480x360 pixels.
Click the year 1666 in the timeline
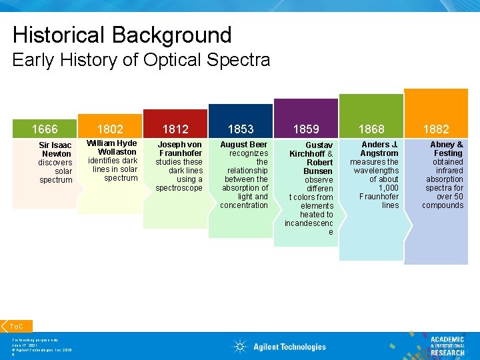45,129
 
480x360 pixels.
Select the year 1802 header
110,129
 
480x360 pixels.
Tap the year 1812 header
175,129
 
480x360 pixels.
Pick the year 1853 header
241,129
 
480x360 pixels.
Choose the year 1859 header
306,129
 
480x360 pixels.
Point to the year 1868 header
371,129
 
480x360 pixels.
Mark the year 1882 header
437,129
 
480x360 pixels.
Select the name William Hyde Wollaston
112,147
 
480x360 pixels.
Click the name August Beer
244,144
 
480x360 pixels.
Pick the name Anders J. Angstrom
379,149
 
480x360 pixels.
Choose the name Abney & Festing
447,149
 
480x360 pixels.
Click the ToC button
17,326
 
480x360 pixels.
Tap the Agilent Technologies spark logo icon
241,346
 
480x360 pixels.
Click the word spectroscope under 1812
179,188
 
